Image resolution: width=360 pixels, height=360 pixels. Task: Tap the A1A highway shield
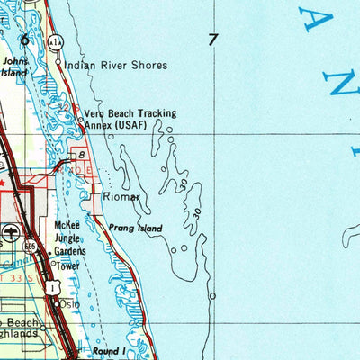point(55,42)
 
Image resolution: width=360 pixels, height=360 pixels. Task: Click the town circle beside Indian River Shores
point(59,65)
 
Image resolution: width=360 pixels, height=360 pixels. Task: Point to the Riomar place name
point(121,196)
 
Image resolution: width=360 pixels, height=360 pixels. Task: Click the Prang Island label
point(136,229)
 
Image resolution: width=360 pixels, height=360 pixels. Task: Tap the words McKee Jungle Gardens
point(68,238)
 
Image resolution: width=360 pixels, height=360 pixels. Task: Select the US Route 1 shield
point(56,284)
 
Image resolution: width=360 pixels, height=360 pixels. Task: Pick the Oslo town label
point(69,303)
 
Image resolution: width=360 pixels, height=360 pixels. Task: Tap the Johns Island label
point(16,67)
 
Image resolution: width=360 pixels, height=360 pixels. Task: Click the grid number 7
point(212,40)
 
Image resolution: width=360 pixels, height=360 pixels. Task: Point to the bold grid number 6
point(24,40)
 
